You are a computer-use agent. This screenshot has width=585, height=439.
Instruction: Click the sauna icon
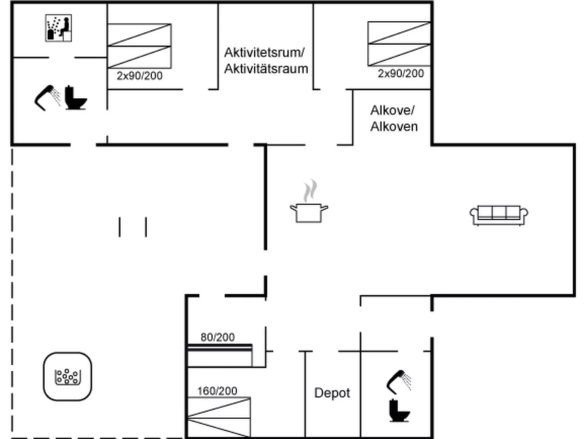coord(58,28)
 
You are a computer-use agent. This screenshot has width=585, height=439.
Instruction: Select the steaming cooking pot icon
coord(309,203)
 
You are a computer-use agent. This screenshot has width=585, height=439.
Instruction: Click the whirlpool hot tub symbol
coord(67,376)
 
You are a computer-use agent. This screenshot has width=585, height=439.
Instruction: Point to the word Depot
coord(332,393)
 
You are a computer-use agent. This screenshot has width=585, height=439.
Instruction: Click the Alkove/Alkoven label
coord(393,118)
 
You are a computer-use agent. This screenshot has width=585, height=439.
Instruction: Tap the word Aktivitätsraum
coord(266,68)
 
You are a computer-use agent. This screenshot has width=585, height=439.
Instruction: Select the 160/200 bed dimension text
coord(217,391)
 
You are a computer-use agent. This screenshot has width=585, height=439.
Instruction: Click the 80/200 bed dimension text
coord(217,337)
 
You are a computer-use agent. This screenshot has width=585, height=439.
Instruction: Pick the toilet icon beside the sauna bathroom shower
coord(75,98)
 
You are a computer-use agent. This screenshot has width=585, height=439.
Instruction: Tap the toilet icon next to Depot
coord(399,410)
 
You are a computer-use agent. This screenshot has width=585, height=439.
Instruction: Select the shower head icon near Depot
coord(398,381)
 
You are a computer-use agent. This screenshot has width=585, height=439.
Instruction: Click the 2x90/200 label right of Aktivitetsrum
coord(401,74)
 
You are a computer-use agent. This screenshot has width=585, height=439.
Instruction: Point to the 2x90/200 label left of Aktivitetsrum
coord(140,76)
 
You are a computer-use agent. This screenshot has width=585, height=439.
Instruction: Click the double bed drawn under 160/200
coord(219,417)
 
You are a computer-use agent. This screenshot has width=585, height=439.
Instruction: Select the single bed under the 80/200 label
coord(220,355)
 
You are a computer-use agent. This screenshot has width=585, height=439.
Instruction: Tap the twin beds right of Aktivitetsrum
coord(399,44)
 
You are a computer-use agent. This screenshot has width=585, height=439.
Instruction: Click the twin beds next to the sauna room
coord(140,46)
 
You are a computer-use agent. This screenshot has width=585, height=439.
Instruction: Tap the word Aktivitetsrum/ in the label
coord(264,52)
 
